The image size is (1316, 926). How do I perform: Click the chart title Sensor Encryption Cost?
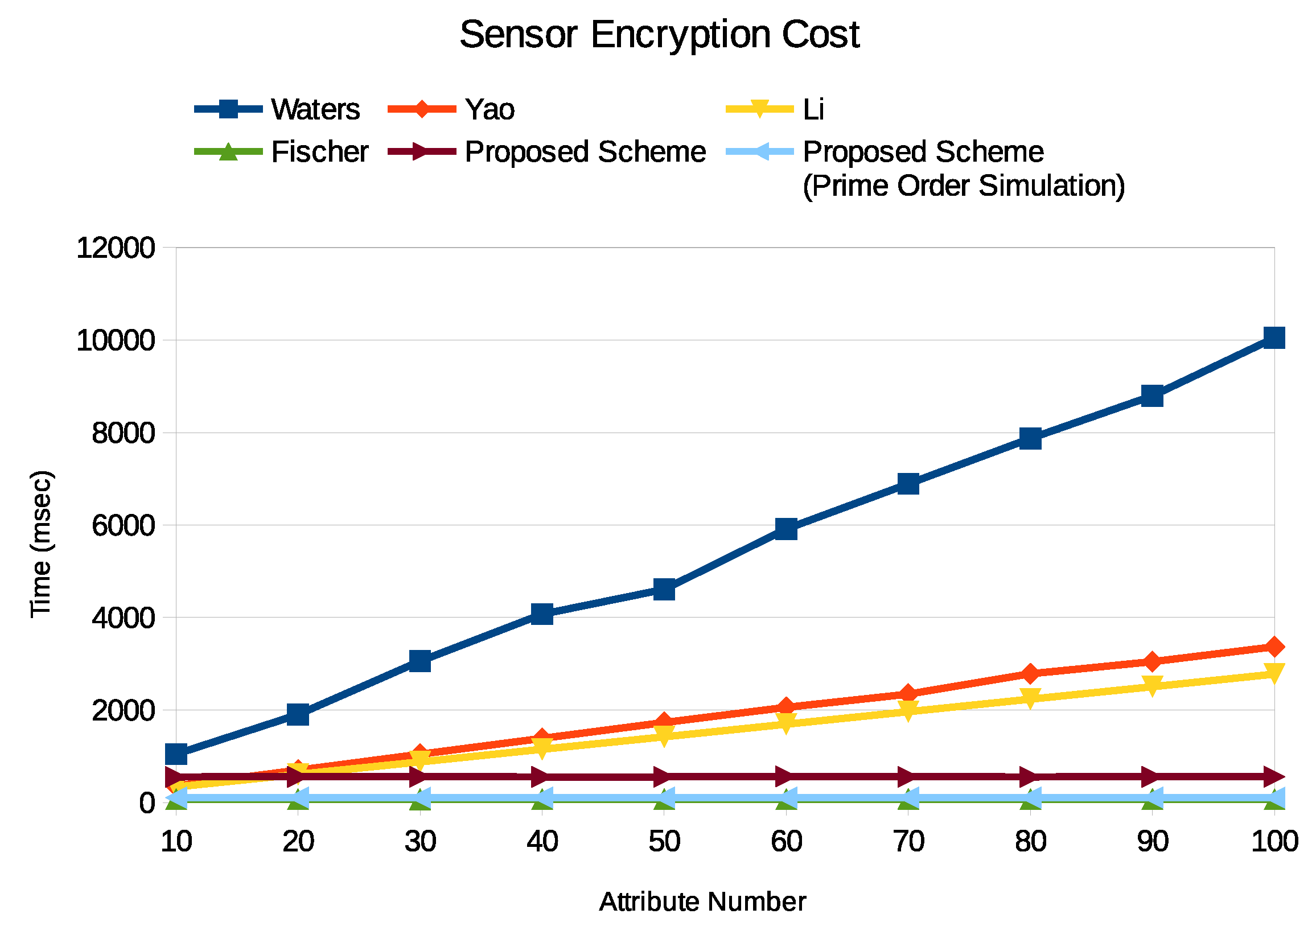(659, 35)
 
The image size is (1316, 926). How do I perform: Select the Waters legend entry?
(315, 109)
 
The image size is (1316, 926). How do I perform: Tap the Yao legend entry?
(490, 109)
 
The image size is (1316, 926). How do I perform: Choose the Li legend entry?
(813, 109)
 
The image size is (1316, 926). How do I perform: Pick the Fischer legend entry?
(319, 152)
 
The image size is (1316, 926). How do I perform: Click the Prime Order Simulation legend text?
(964, 186)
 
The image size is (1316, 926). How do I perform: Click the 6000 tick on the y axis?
(123, 526)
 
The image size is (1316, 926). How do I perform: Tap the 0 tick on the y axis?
(147, 804)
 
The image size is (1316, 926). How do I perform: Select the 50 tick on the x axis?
(664, 842)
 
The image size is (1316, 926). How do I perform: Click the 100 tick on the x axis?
(1274, 842)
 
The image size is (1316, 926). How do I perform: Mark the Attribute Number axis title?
(702, 902)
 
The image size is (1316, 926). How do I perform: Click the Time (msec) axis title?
(42, 544)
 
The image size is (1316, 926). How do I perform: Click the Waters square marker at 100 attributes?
(1274, 338)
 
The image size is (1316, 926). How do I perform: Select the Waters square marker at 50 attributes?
(664, 588)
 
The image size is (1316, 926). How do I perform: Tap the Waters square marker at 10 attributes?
(176, 754)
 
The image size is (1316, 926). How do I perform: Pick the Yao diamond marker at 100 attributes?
(1274, 647)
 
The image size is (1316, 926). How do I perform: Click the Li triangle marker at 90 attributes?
(1152, 685)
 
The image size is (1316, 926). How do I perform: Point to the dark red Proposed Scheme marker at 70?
(908, 777)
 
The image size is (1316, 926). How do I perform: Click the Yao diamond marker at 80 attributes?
(1030, 673)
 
